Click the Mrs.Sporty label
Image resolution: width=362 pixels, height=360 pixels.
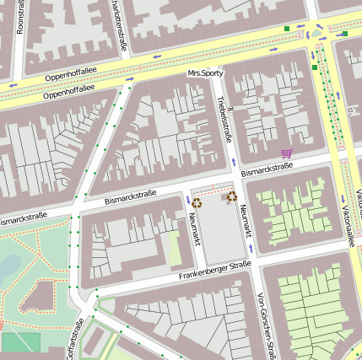(x=207, y=74)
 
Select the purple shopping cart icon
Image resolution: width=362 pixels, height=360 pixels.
(x=286, y=153)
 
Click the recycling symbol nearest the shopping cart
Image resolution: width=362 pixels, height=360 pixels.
(x=231, y=196)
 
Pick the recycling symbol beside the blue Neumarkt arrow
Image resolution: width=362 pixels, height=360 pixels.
(x=197, y=202)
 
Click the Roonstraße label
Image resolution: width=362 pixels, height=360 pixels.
(x=21, y=17)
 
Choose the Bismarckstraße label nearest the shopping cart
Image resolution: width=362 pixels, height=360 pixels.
(x=267, y=169)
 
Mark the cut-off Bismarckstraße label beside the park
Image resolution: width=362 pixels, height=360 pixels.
(x=21, y=219)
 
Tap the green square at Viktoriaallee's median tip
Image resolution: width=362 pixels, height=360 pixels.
(x=315, y=67)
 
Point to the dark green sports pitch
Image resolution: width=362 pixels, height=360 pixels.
(x=20, y=342)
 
